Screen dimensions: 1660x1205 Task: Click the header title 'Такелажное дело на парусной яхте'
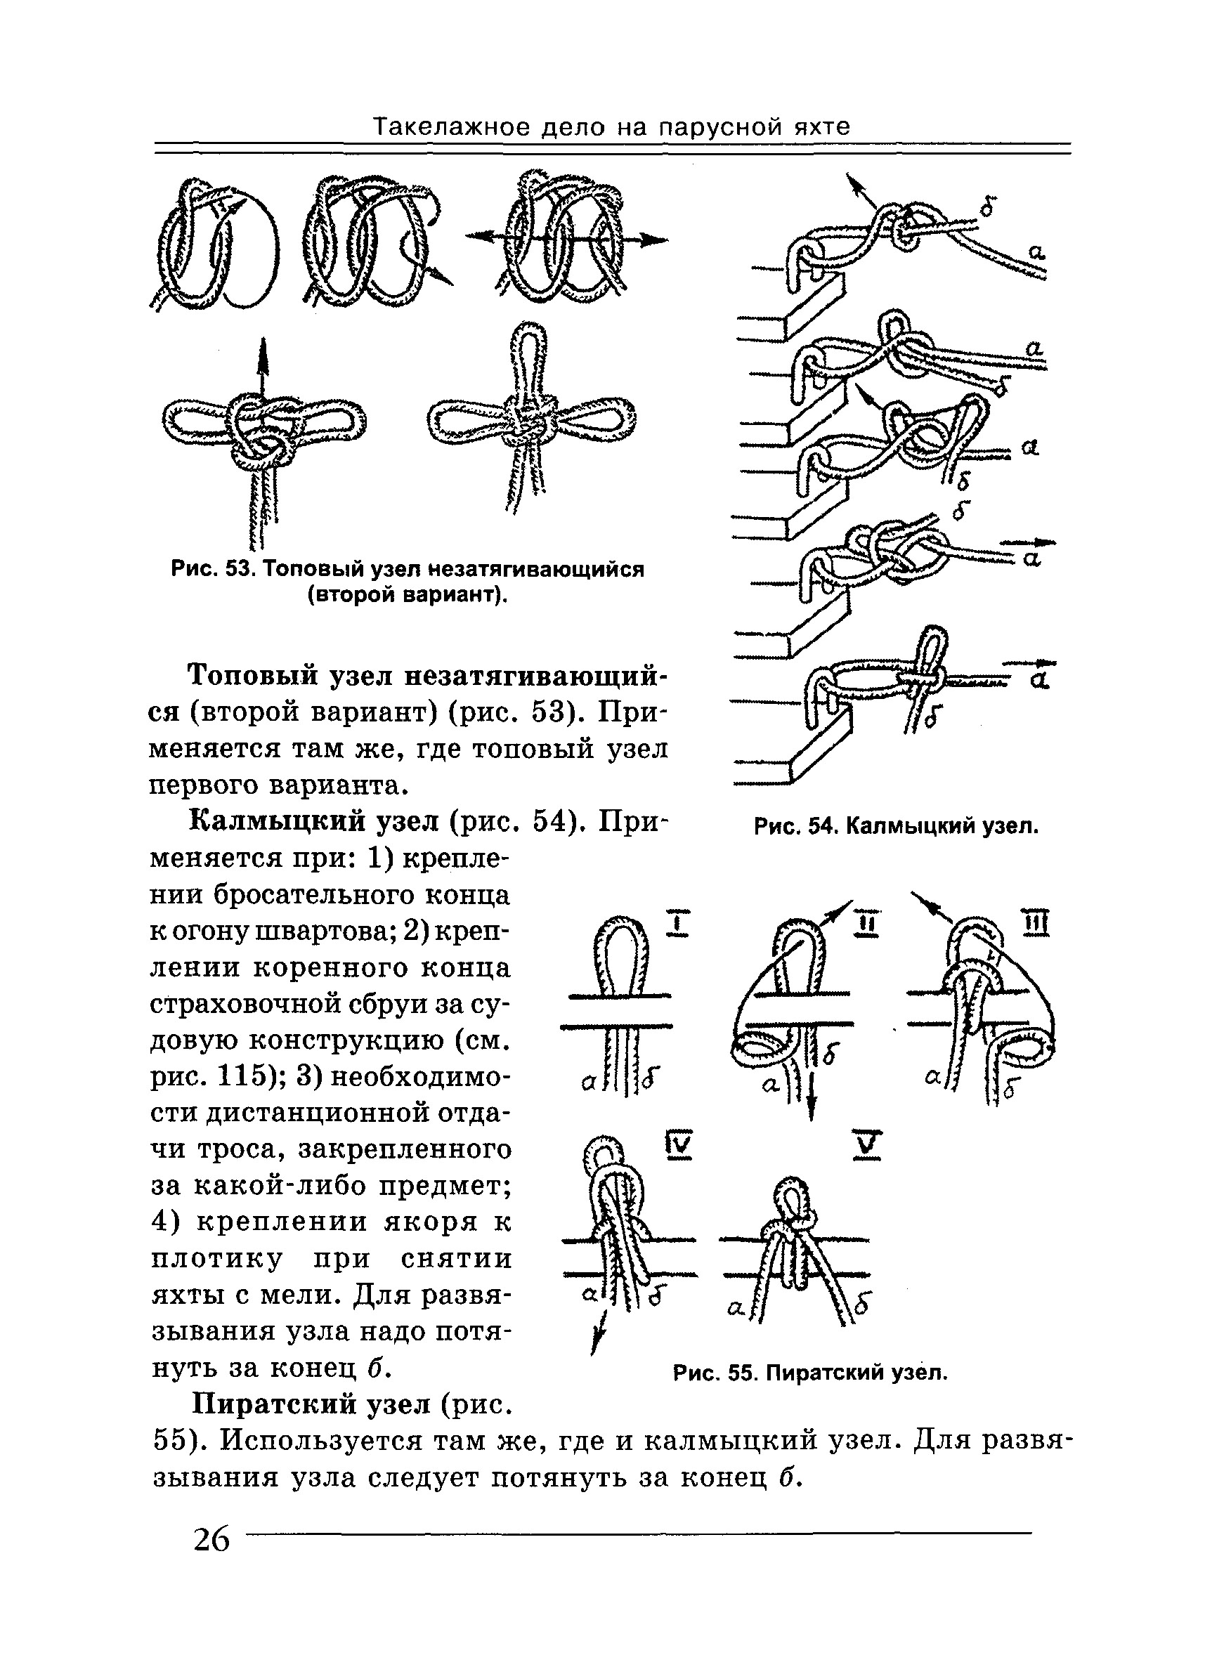(x=612, y=127)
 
